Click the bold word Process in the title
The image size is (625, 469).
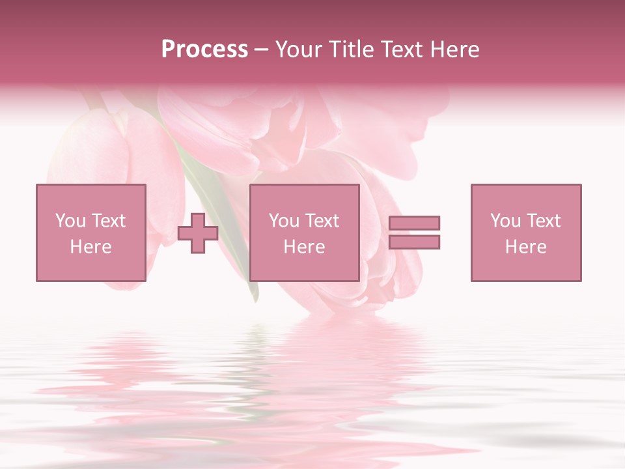click(x=204, y=50)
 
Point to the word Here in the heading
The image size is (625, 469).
click(x=456, y=50)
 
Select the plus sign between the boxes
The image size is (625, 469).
click(x=198, y=233)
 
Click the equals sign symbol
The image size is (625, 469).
click(x=414, y=233)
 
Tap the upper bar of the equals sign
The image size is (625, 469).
click(x=414, y=223)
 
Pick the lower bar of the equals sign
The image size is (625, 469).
click(x=414, y=242)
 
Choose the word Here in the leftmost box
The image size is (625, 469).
click(x=90, y=247)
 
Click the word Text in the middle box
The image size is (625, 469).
click(x=322, y=221)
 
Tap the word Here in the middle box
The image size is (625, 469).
click(x=304, y=247)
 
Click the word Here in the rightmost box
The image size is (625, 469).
click(x=525, y=247)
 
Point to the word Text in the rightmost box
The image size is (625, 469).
click(x=543, y=221)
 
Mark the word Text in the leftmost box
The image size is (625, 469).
click(x=108, y=221)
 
